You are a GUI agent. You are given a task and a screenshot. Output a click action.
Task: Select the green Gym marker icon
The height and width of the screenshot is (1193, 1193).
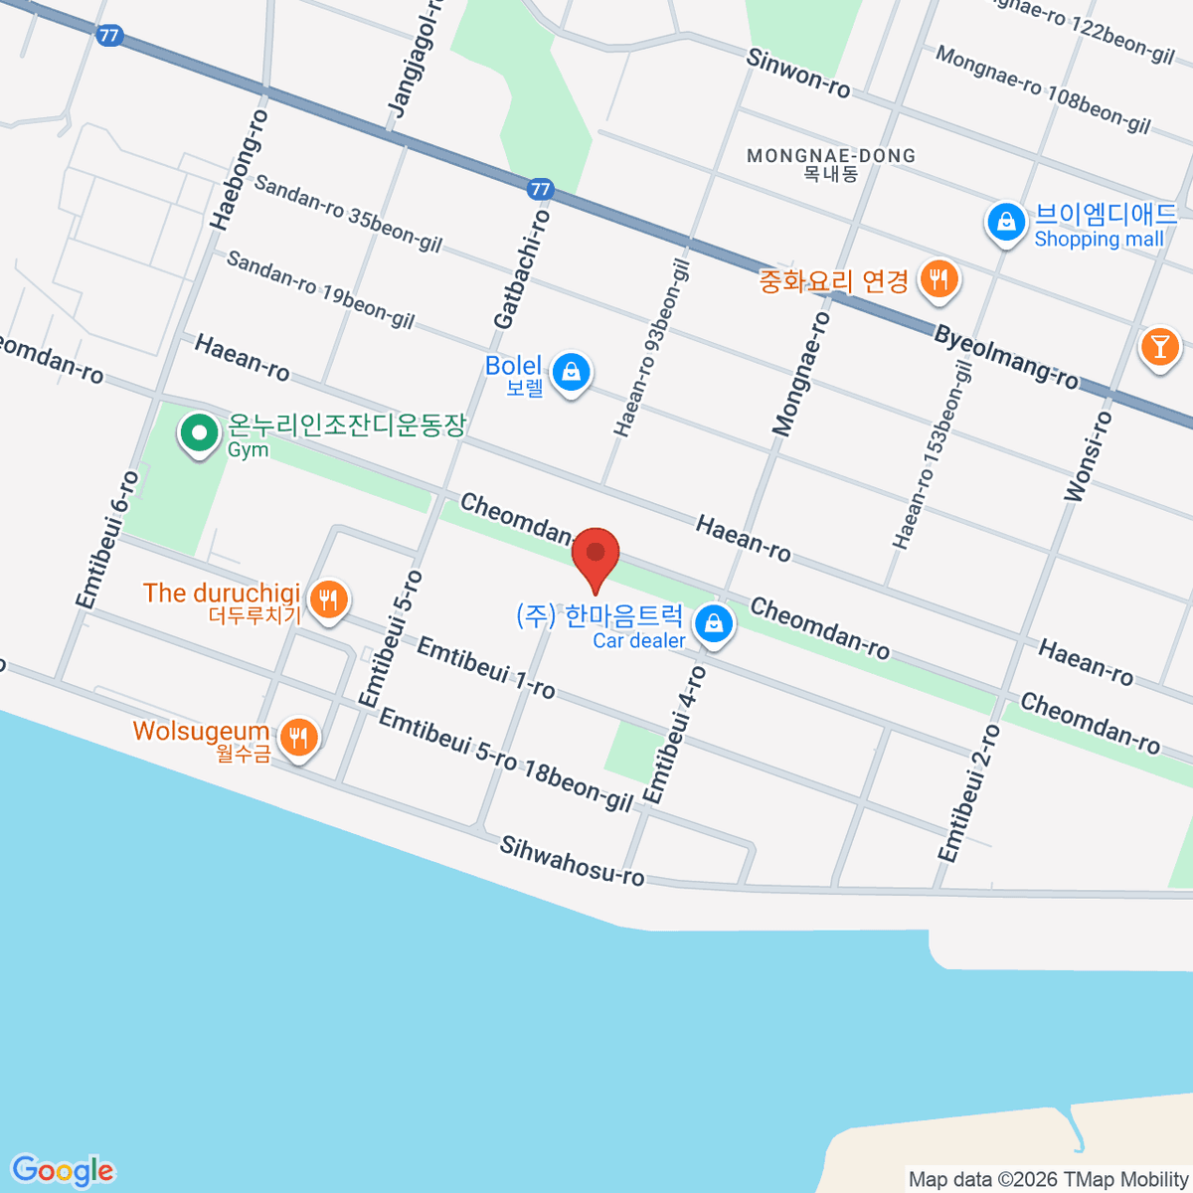(x=199, y=434)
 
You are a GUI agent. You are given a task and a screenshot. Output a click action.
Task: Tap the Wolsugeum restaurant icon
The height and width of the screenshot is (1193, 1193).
(x=297, y=737)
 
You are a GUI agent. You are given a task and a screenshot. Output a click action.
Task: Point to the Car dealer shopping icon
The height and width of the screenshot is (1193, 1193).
(x=713, y=625)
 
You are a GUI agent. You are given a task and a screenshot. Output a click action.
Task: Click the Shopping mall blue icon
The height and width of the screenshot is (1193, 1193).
(x=1006, y=223)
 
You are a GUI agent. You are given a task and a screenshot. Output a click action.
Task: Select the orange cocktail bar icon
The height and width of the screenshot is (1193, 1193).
(x=1158, y=347)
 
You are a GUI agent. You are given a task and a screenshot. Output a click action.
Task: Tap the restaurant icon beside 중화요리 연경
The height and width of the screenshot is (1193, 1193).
(x=937, y=278)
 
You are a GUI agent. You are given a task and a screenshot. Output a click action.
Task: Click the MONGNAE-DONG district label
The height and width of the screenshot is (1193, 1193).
(x=831, y=156)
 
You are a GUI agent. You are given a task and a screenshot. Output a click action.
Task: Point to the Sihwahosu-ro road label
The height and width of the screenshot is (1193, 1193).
(x=572, y=861)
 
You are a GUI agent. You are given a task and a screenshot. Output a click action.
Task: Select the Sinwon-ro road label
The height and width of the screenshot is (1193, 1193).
(x=798, y=73)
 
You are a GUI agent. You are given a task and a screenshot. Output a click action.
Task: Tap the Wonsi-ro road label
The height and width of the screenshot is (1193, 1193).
(x=1088, y=455)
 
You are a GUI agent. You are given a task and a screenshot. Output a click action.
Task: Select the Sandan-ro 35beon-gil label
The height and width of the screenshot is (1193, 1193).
(x=348, y=213)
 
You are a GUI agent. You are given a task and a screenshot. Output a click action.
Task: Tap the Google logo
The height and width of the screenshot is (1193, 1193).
(x=63, y=1171)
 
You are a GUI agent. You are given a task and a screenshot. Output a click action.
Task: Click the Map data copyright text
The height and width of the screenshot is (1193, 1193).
(x=1048, y=1180)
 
